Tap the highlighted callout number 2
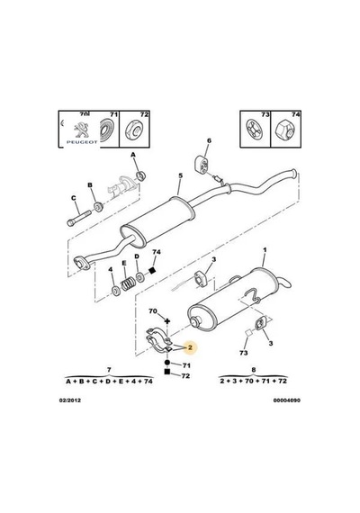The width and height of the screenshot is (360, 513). click(190, 347)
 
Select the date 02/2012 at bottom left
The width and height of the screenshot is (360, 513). click(69, 400)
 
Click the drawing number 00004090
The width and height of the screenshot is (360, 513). click(287, 400)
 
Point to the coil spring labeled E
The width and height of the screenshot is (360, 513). click(129, 283)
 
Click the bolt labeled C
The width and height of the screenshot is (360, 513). click(78, 218)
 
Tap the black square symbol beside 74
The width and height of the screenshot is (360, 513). click(151, 270)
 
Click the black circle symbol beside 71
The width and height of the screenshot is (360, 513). click(167, 363)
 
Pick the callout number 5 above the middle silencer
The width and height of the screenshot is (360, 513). click(180, 175)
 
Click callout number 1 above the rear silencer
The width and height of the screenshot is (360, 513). click(265, 250)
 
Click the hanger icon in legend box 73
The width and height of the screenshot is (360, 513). click(255, 130)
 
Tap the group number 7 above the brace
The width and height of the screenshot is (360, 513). click(109, 370)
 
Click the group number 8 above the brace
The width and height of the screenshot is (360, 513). click(254, 370)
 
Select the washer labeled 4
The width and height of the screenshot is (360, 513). click(115, 290)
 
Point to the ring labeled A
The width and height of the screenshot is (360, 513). click(141, 176)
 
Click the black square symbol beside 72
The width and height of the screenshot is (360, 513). click(167, 372)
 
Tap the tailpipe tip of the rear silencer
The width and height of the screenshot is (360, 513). click(285, 283)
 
